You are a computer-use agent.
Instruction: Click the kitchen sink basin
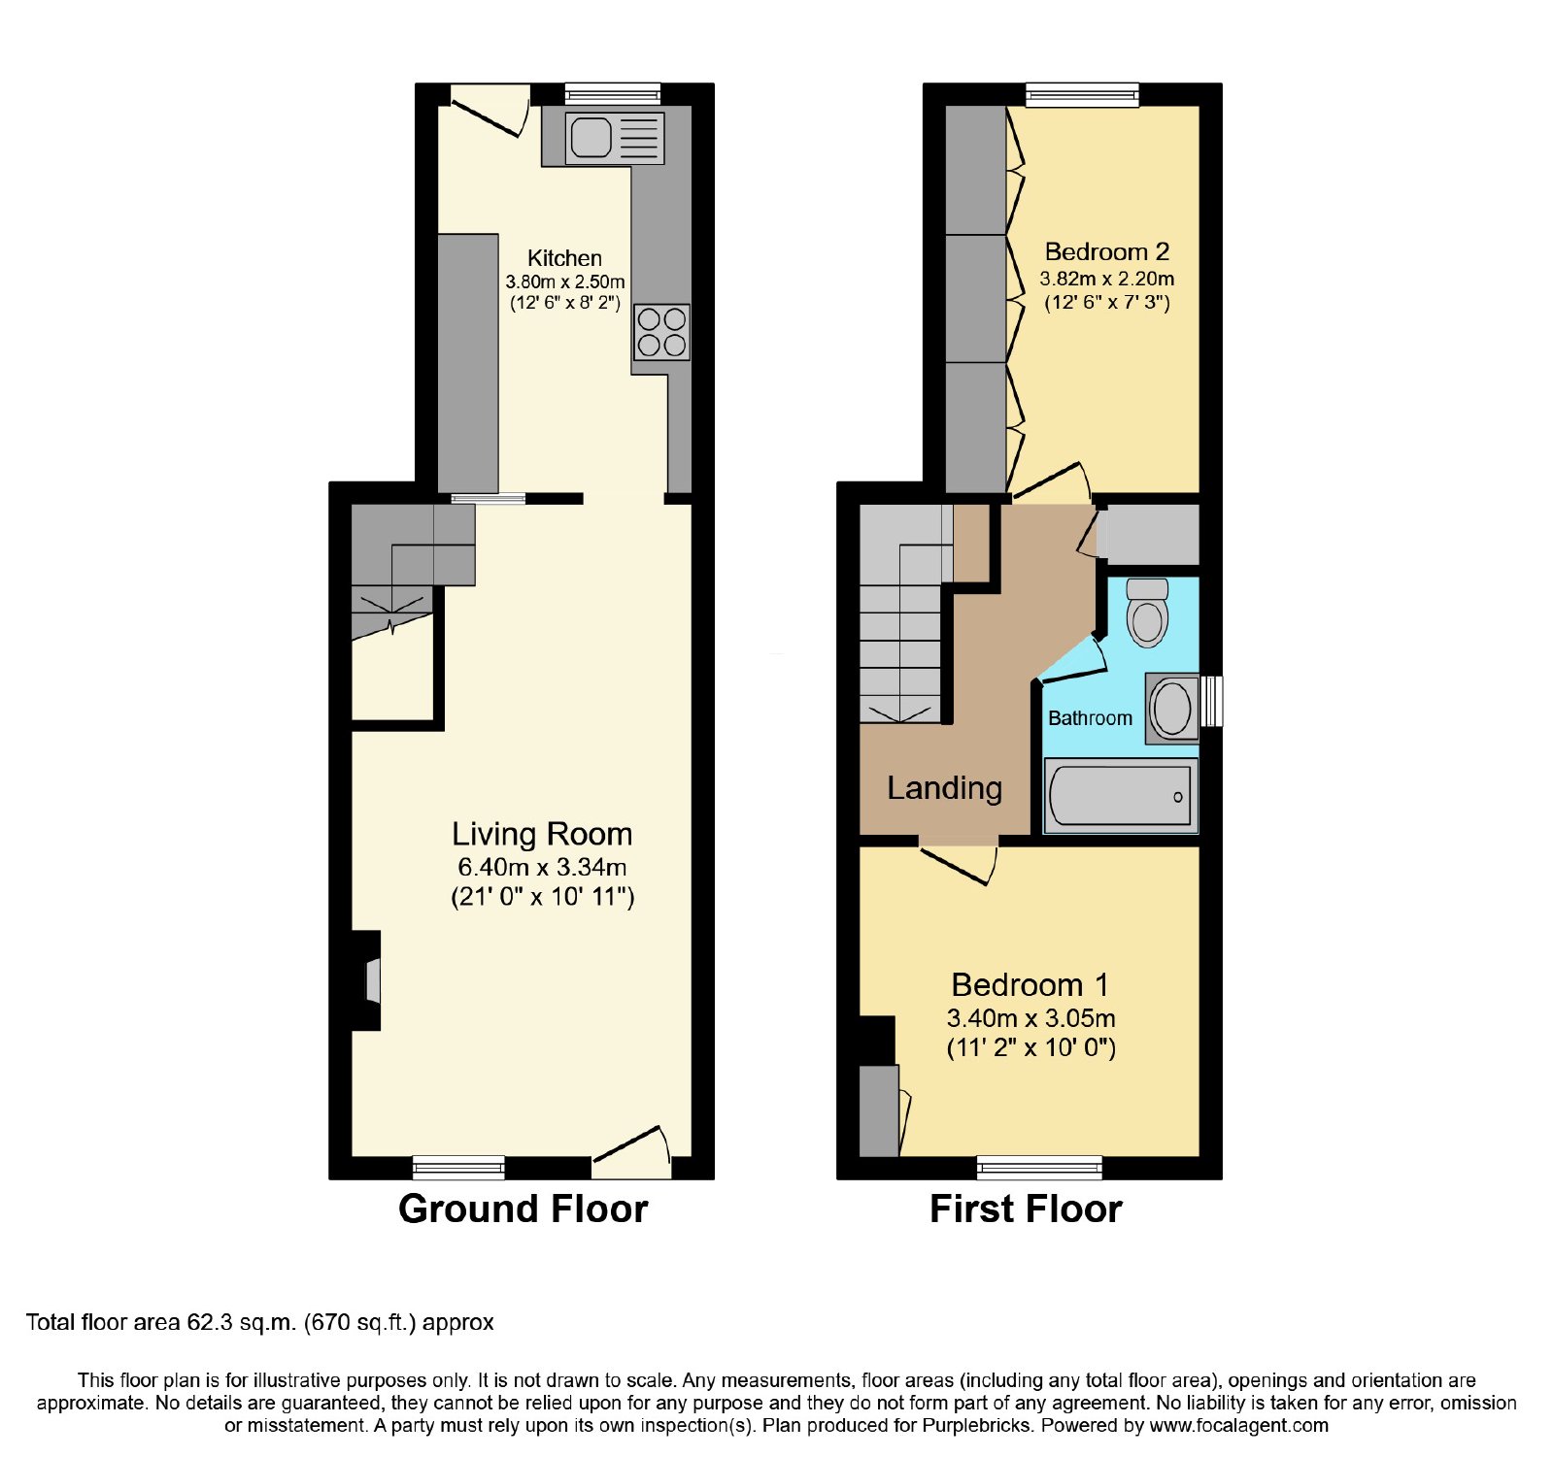[x=591, y=137]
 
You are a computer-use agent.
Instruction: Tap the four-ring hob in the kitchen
[x=661, y=332]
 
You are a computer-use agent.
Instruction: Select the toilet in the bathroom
[x=1147, y=613]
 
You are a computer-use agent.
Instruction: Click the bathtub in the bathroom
[x=1120, y=796]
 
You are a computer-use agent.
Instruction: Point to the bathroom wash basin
[x=1171, y=708]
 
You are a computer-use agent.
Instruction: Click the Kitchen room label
[x=564, y=258]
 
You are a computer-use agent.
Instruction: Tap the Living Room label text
[x=542, y=834]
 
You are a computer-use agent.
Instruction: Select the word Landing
[x=944, y=788]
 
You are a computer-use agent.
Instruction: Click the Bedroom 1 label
[x=1030, y=984]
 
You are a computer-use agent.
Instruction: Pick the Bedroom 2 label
[x=1106, y=251]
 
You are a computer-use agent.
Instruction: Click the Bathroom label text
[x=1090, y=718]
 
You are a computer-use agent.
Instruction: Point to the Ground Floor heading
[x=523, y=1209]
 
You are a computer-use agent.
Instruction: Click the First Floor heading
[x=1026, y=1209]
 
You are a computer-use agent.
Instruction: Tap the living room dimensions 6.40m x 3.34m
[x=542, y=867]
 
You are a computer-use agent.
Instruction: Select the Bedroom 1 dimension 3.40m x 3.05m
[x=1030, y=1018]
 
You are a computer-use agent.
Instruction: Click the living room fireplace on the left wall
[x=366, y=980]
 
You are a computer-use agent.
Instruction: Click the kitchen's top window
[x=613, y=94]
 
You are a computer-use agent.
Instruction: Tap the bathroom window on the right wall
[x=1211, y=701]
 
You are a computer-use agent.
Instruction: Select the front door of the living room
[x=632, y=1151]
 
